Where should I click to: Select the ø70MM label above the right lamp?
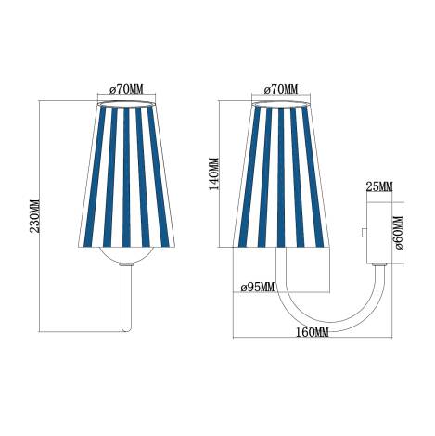(x=282, y=90)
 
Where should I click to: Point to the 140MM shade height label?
(x=214, y=173)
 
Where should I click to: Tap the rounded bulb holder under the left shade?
(x=129, y=256)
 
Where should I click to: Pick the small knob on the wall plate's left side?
(x=364, y=233)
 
